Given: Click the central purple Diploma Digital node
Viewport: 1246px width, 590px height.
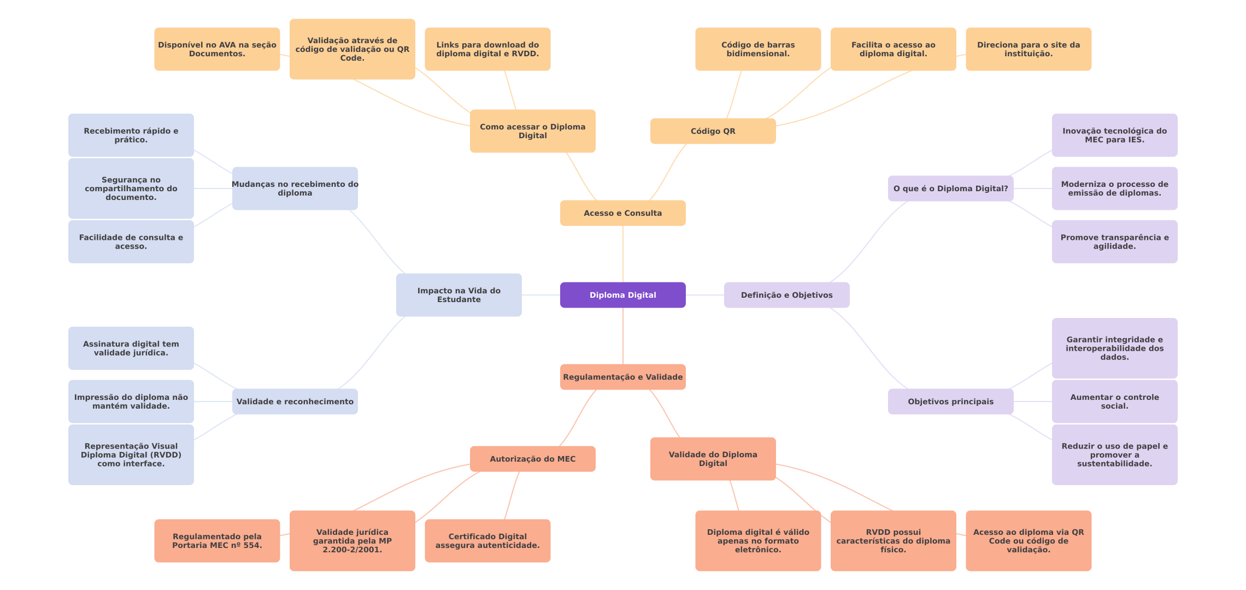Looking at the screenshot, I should (x=622, y=295).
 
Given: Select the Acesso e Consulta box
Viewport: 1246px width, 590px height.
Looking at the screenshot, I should (x=622, y=213).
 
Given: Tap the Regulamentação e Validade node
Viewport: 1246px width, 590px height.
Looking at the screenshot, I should (x=622, y=377).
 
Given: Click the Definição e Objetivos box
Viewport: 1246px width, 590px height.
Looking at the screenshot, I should (x=786, y=295).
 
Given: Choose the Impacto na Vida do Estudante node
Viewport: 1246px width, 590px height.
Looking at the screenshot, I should (x=459, y=295).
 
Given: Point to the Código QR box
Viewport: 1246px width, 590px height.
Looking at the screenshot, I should (x=713, y=131).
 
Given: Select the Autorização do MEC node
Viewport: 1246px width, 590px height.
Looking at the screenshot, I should (x=532, y=459).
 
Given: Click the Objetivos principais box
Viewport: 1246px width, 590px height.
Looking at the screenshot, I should (x=950, y=402).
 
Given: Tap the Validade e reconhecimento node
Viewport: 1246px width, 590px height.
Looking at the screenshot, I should (x=295, y=402).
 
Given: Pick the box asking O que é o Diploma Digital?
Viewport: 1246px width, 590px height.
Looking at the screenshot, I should (x=950, y=188).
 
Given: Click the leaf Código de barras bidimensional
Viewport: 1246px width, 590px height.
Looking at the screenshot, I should (x=757, y=49).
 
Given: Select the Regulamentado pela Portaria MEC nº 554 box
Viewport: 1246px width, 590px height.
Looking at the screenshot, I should (x=217, y=541).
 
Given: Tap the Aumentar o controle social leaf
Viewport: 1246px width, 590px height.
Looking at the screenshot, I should (x=1114, y=402).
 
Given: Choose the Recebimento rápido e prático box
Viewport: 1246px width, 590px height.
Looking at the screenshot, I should (x=131, y=135).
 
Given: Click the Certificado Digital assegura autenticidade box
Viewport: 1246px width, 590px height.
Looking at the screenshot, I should (x=487, y=541).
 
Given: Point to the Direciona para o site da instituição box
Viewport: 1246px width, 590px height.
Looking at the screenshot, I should (x=1028, y=49).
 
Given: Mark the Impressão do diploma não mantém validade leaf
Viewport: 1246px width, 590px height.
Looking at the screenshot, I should (x=131, y=402).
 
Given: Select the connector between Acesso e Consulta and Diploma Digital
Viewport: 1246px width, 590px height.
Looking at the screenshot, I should (x=623, y=254).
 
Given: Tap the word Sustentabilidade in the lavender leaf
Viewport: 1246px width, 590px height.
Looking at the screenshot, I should (x=1114, y=464).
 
